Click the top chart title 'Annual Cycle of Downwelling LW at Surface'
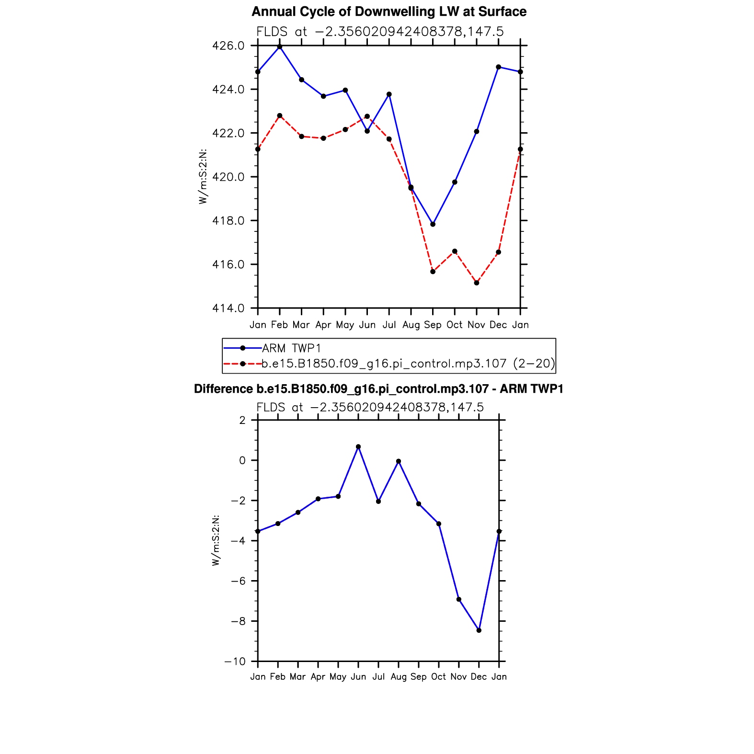(388, 12)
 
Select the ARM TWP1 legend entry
(291, 348)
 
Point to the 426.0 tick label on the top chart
(228, 46)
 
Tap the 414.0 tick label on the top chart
(228, 308)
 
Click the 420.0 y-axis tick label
(228, 177)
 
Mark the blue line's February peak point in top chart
(280, 47)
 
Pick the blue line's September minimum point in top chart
(433, 224)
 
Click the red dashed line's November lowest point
(477, 283)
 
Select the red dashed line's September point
(433, 272)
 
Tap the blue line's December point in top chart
(499, 67)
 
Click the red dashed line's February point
(280, 115)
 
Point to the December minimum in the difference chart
(479, 630)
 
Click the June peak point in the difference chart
(358, 447)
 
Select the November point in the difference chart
(459, 599)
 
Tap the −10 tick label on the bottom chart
(235, 662)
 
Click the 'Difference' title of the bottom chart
(378, 389)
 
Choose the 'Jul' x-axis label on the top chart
(389, 325)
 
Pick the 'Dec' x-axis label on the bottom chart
(479, 677)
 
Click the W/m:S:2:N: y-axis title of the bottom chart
(216, 540)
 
